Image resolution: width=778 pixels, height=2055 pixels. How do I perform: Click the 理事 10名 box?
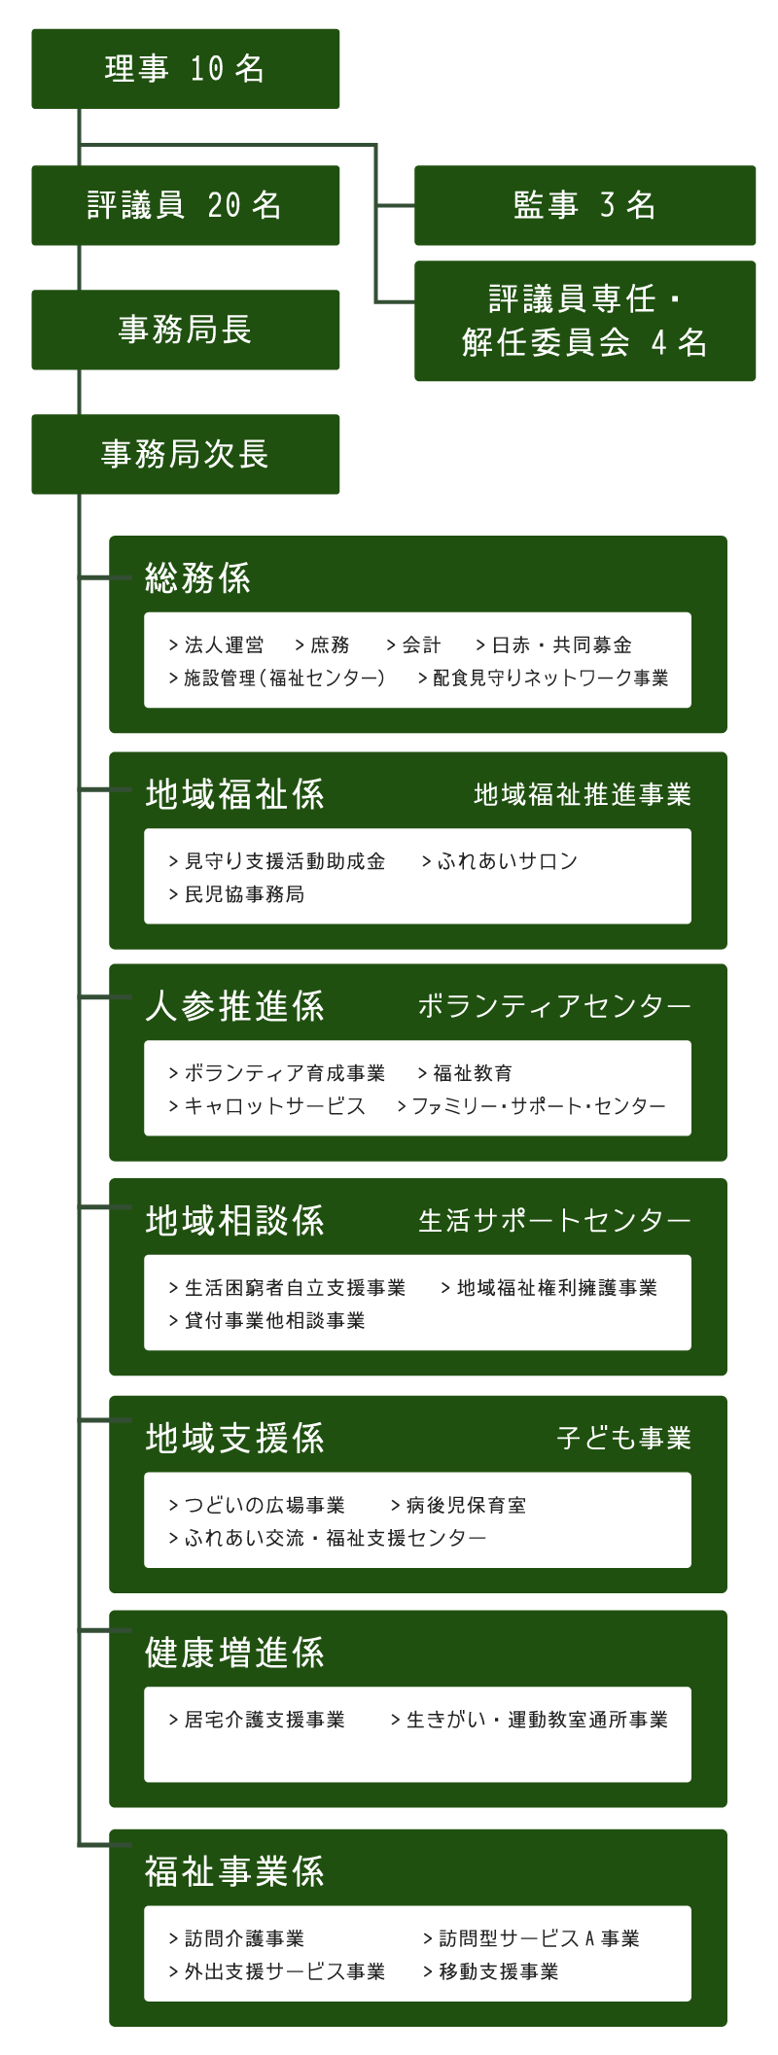coord(185,69)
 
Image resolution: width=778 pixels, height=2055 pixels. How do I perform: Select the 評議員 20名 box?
coord(185,205)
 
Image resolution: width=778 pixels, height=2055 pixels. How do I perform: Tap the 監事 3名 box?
coord(584,205)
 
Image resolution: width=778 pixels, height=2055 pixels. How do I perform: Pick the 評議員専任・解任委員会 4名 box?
coord(584,321)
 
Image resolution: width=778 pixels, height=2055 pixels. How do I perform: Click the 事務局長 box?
coord(185,330)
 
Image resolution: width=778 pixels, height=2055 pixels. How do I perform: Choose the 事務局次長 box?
coord(185,454)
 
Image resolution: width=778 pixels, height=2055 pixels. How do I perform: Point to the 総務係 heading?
coord(197,578)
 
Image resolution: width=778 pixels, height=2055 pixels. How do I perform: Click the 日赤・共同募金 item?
coord(554,645)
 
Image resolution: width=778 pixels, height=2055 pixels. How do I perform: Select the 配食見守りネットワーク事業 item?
coord(544,679)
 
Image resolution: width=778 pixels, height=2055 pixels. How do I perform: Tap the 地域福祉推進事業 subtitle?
coord(583,795)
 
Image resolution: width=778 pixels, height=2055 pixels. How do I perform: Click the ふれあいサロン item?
coord(501,861)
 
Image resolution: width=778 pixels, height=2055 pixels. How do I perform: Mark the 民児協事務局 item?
coord(236,894)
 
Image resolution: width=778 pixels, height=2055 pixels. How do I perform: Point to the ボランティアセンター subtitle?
coord(554,1006)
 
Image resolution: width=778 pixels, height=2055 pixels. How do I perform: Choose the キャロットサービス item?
coord(267,1106)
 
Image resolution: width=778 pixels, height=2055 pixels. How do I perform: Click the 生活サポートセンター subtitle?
coord(554,1221)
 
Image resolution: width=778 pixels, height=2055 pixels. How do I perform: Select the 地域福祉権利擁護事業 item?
coord(549,1288)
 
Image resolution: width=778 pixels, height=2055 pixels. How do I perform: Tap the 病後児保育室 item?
coord(458,1506)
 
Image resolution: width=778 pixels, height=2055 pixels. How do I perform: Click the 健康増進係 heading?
coord(234,1653)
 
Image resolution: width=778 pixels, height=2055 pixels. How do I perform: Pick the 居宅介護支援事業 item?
coord(257,1720)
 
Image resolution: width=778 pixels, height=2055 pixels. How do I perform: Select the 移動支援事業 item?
coord(491,1971)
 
